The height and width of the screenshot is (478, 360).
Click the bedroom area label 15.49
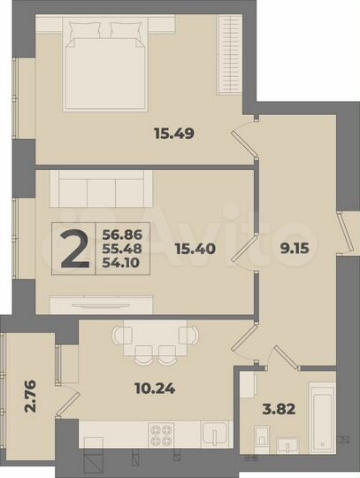174,135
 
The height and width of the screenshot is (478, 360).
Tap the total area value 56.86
121,234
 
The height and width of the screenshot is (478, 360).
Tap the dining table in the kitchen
154,337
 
